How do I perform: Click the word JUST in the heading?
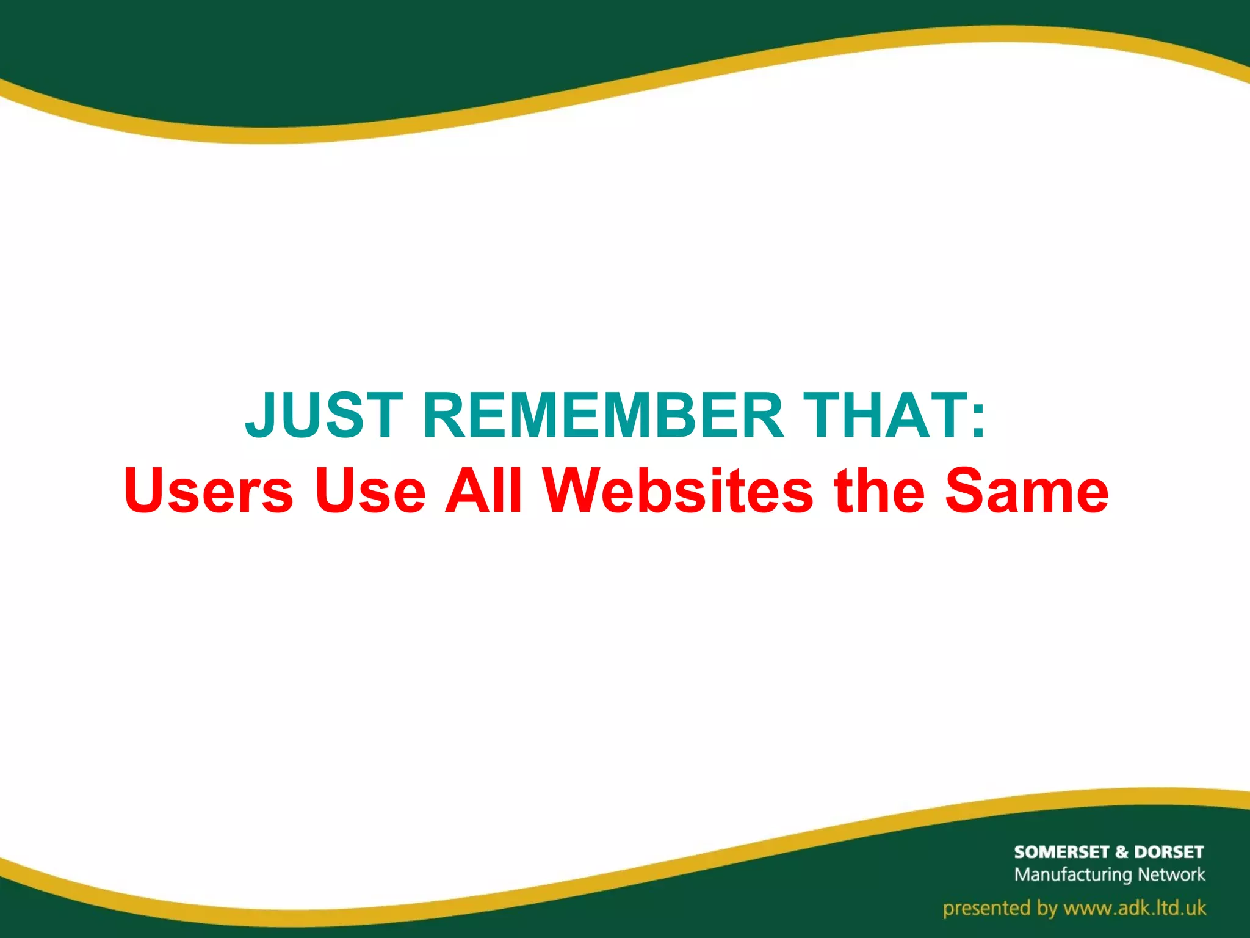tap(324, 416)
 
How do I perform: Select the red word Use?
tap(370, 491)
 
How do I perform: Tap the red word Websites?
tap(678, 491)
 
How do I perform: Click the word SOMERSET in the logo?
tap(1061, 852)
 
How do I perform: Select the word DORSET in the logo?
tap(1169, 852)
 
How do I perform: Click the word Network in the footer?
tap(1172, 874)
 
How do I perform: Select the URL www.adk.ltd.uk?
tap(1135, 908)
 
